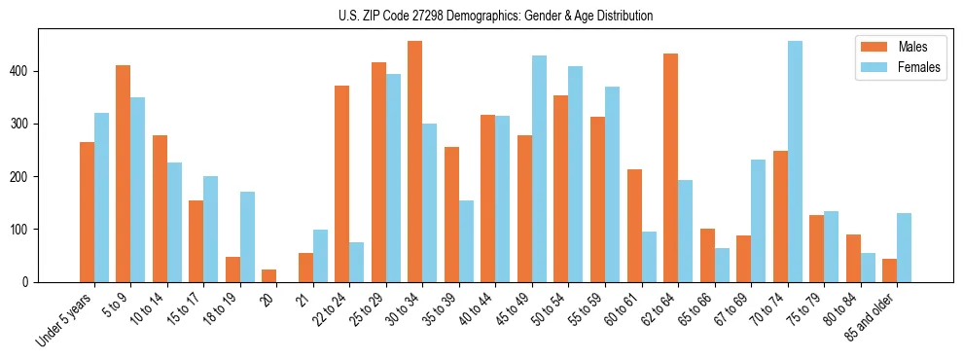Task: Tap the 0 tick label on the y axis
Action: tap(31, 282)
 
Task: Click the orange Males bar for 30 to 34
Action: tap(415, 162)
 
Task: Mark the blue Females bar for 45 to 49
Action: tap(539, 169)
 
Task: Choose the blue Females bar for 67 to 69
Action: tap(758, 221)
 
